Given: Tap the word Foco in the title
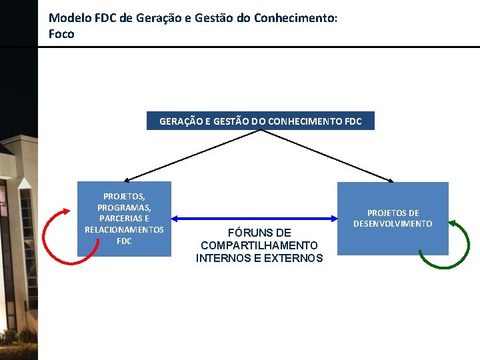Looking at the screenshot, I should coord(61,33).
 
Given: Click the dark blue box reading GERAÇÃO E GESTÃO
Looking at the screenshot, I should coord(260,121).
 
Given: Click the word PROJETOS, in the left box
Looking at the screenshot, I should coord(124,196).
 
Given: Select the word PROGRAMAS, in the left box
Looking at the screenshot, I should coord(124,207).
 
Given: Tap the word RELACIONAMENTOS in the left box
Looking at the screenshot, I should coord(124,229).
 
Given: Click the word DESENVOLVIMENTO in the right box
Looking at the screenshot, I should coord(393,223).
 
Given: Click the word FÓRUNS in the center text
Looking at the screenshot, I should coord(259,233).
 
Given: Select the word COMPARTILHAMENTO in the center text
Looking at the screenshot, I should coord(259,245).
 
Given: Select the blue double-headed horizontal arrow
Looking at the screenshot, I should coord(254,218).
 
